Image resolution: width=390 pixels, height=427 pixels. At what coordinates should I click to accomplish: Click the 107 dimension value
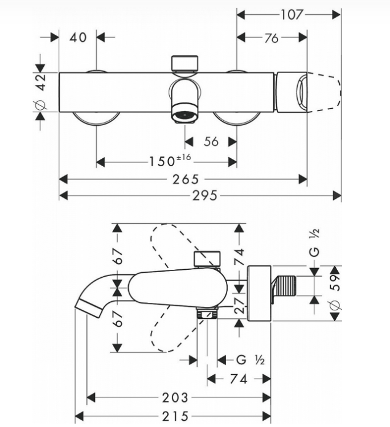[292, 15]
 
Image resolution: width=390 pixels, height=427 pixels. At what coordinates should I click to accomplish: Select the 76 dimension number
[272, 38]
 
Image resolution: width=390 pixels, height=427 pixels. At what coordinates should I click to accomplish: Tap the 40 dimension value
[78, 38]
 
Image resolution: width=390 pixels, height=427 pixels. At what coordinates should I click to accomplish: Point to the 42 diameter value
[41, 82]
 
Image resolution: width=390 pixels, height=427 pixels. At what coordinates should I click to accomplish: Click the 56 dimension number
[211, 142]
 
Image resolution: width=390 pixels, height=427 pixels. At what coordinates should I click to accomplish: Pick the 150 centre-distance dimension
[162, 161]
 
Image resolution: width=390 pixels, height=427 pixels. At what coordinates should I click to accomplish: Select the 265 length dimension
[186, 179]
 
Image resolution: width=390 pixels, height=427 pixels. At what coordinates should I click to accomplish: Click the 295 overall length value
[205, 195]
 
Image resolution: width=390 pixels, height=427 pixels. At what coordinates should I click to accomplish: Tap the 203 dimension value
[175, 398]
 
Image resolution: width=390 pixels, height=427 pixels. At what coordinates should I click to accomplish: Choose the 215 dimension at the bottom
[175, 416]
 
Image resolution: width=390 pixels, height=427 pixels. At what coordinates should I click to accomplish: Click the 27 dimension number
[240, 306]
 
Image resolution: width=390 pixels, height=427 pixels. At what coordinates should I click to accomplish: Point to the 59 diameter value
[336, 282]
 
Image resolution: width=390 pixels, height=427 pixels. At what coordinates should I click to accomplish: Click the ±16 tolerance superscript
[184, 157]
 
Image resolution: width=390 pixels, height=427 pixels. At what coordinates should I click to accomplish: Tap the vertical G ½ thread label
[314, 243]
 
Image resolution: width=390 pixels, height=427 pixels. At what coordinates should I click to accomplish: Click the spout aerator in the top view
[185, 113]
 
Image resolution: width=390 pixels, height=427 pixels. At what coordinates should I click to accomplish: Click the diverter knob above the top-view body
[184, 64]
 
